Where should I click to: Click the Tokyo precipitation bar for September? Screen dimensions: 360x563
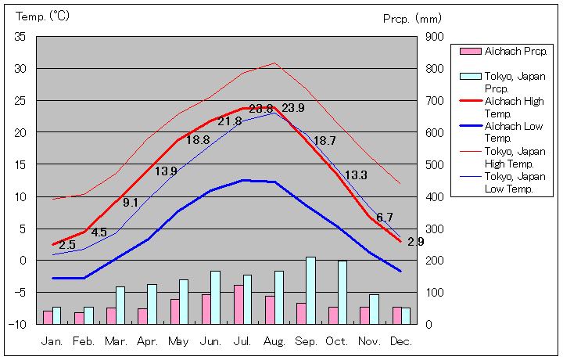(x=310, y=290)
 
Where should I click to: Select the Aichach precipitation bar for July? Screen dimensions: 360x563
(x=238, y=304)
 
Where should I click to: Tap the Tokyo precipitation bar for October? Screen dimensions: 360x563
(x=342, y=292)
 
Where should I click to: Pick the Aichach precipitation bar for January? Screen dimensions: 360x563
(x=48, y=317)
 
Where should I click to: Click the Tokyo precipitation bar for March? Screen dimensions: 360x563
(x=120, y=305)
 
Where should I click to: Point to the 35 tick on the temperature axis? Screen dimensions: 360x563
(x=20, y=37)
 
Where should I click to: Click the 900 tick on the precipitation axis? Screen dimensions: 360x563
(x=435, y=37)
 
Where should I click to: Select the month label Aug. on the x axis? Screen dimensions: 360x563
(x=274, y=342)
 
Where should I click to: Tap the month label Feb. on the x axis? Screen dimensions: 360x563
(x=84, y=342)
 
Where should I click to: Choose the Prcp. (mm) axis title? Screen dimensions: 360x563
(x=412, y=18)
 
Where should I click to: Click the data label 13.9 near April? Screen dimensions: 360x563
(x=165, y=171)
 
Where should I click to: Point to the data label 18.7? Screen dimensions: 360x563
(x=325, y=141)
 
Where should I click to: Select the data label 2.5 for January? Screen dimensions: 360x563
(x=67, y=245)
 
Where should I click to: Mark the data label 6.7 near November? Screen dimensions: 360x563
(x=385, y=217)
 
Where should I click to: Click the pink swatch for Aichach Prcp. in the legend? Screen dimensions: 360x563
(x=470, y=52)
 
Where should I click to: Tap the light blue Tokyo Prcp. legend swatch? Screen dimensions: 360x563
(x=470, y=77)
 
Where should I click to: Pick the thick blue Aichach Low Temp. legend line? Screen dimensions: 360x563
(x=470, y=126)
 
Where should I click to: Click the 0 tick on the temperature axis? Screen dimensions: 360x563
(x=23, y=260)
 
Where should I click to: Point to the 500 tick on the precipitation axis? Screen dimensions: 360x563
(x=435, y=164)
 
